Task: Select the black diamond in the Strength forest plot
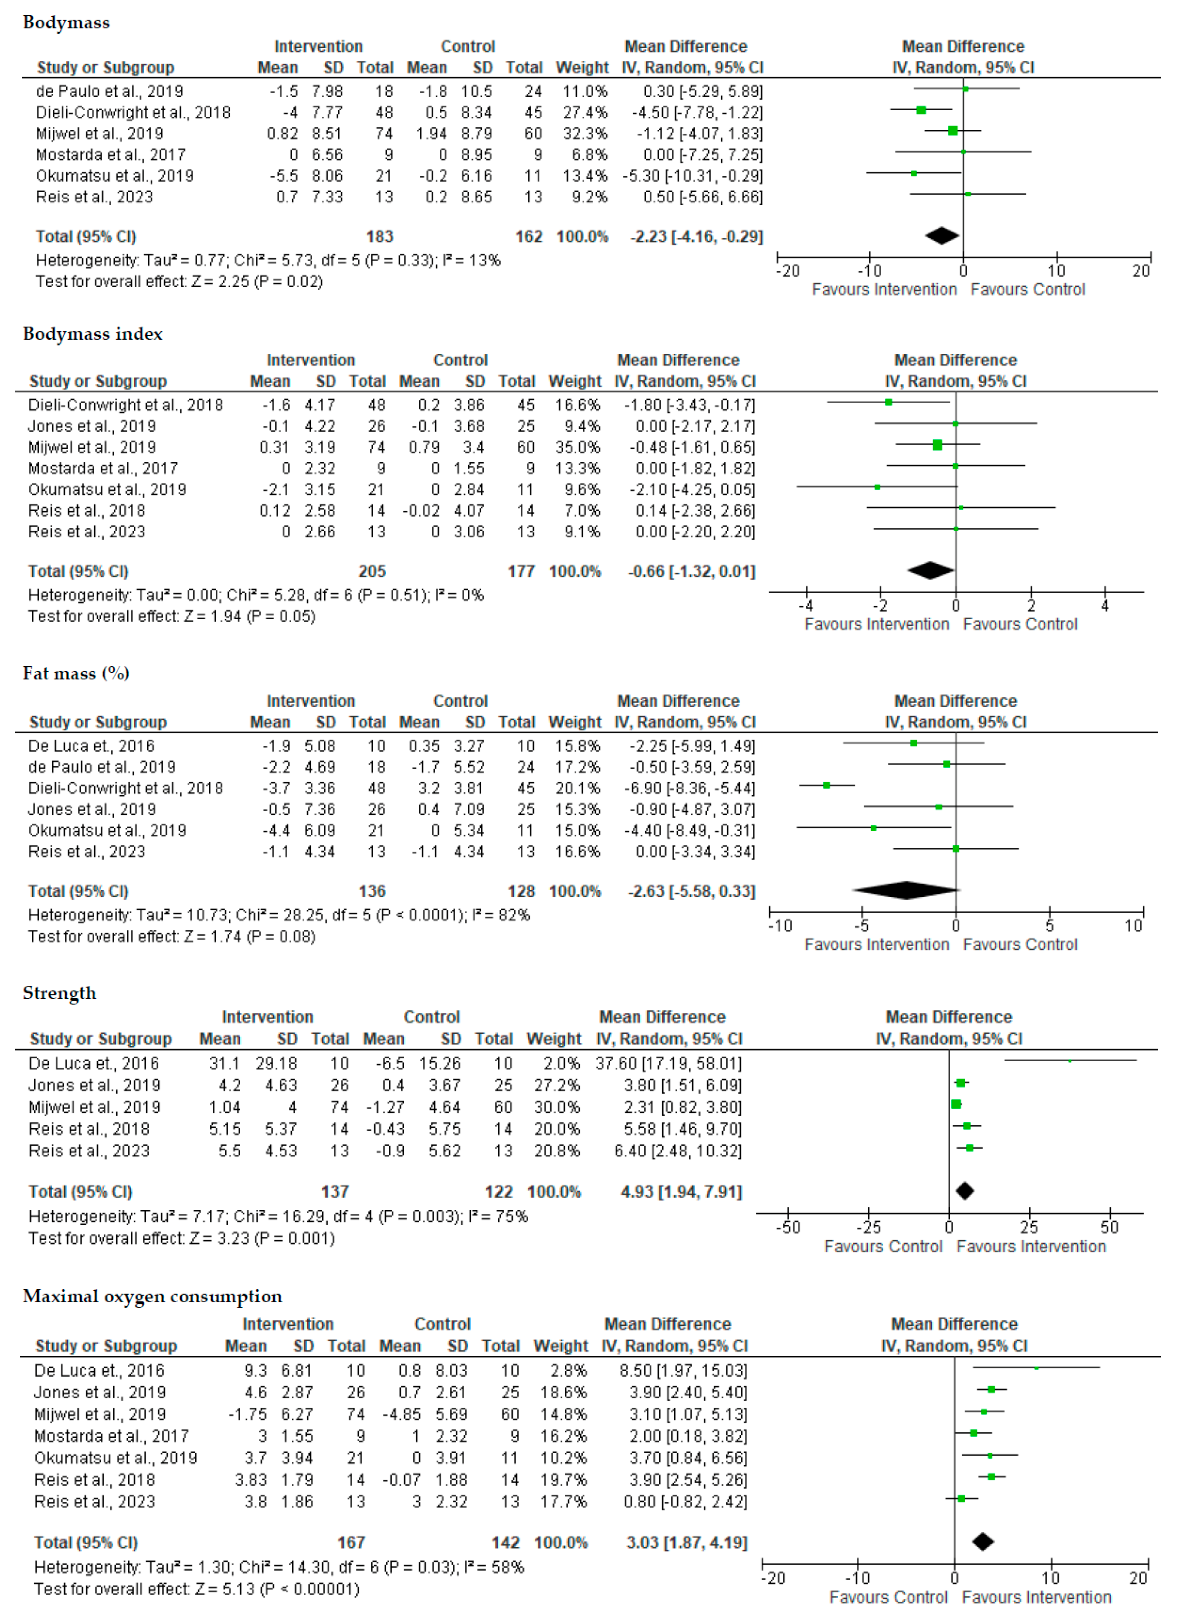click(965, 1191)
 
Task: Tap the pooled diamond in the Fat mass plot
click(906, 890)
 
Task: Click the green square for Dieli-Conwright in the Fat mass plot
click(826, 786)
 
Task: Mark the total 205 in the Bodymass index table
click(372, 572)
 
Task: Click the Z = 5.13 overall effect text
click(196, 1589)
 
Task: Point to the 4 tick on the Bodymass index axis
click(1105, 606)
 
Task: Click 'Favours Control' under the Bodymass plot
click(1028, 290)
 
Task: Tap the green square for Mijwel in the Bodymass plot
click(952, 131)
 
